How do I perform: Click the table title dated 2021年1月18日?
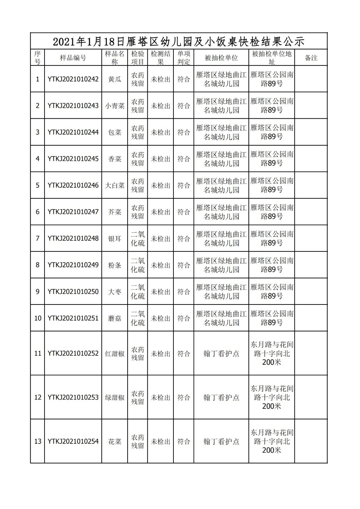coord(179,41)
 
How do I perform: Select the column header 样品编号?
coord(73,58)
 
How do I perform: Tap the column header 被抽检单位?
coord(221,58)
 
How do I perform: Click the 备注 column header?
coord(311,58)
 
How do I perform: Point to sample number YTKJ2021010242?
coord(73,79)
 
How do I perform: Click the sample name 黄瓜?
coord(115,79)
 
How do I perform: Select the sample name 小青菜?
coord(115,106)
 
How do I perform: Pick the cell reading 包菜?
coord(115,132)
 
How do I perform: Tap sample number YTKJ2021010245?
coord(73,159)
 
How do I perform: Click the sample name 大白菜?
coord(115,185)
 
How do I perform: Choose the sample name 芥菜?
coord(115,212)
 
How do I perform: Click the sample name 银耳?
coord(115,239)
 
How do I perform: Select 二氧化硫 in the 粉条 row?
coord(138,265)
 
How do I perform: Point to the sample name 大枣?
coord(115,292)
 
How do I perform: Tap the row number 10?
coord(38,318)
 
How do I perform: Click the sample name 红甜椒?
coord(115,353)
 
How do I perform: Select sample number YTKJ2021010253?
coord(73,397)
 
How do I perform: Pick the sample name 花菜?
coord(115,442)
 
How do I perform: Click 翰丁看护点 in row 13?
coord(221,442)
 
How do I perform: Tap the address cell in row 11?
coord(272,353)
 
